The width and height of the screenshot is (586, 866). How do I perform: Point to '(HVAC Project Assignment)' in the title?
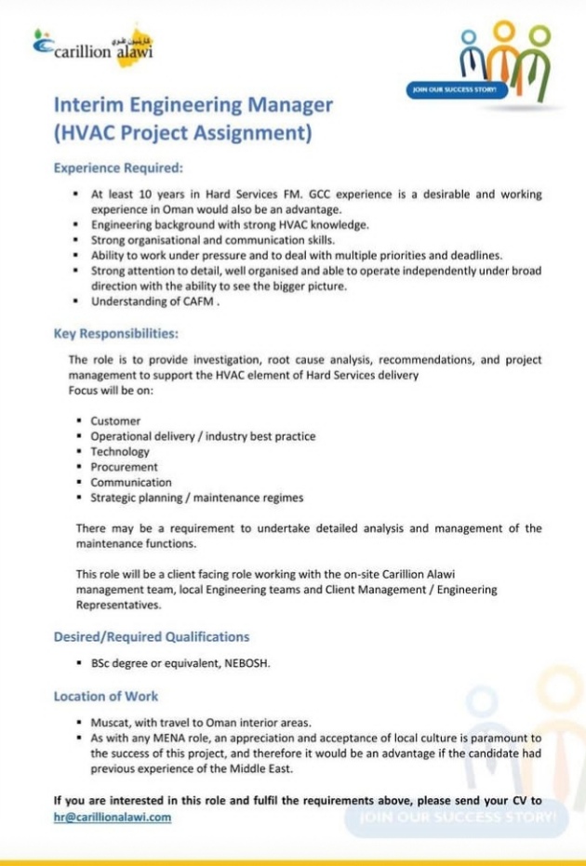[x=181, y=132]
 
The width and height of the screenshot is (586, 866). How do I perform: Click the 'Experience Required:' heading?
[x=118, y=168]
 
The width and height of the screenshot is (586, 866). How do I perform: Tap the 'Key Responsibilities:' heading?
[x=116, y=332]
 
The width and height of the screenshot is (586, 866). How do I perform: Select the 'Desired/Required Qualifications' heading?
[x=152, y=636]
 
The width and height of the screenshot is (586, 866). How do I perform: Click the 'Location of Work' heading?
[x=106, y=696]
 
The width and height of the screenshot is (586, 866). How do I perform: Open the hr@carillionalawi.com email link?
[x=113, y=817]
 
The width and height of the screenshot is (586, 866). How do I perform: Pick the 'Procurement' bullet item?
[x=124, y=467]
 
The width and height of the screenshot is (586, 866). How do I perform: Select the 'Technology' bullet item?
[x=120, y=451]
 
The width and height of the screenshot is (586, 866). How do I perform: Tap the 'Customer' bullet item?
[x=115, y=421]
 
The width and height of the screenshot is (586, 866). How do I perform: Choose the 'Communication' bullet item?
[x=131, y=482]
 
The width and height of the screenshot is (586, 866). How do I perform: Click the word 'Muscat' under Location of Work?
[x=110, y=723]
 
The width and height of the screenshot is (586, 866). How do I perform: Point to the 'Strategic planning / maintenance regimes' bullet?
[x=196, y=498]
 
